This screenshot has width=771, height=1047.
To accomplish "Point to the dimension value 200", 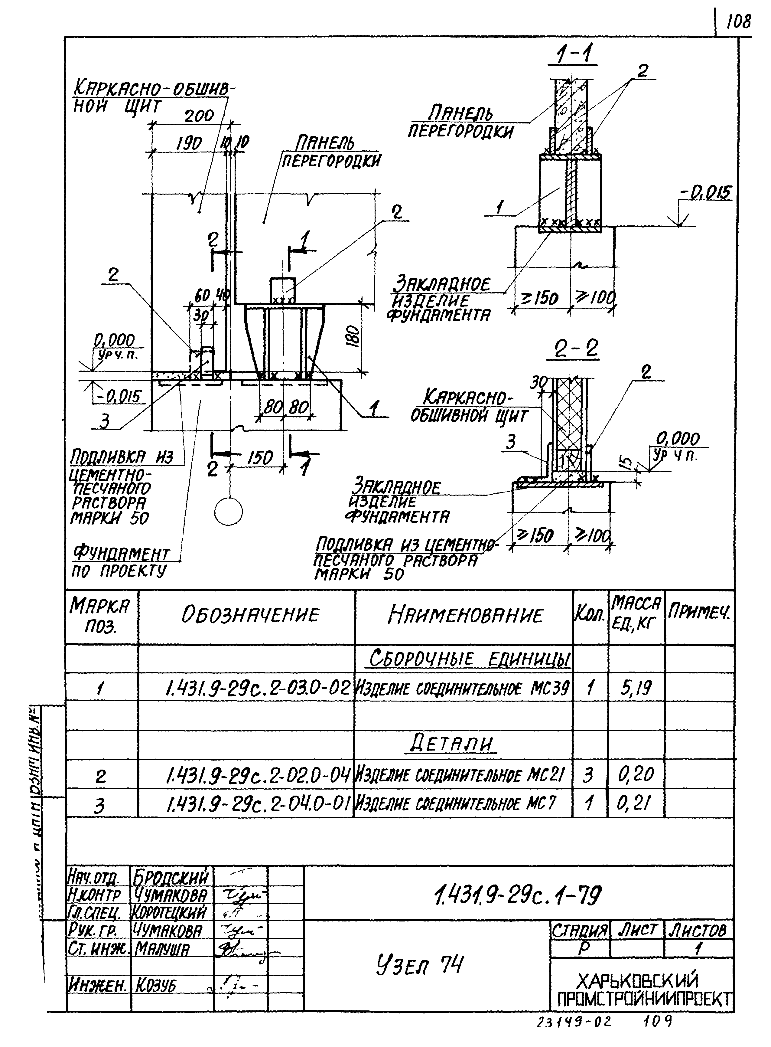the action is click(199, 116).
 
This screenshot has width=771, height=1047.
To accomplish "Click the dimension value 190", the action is click(189, 143).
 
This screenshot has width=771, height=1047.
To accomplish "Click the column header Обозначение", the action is click(250, 615).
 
